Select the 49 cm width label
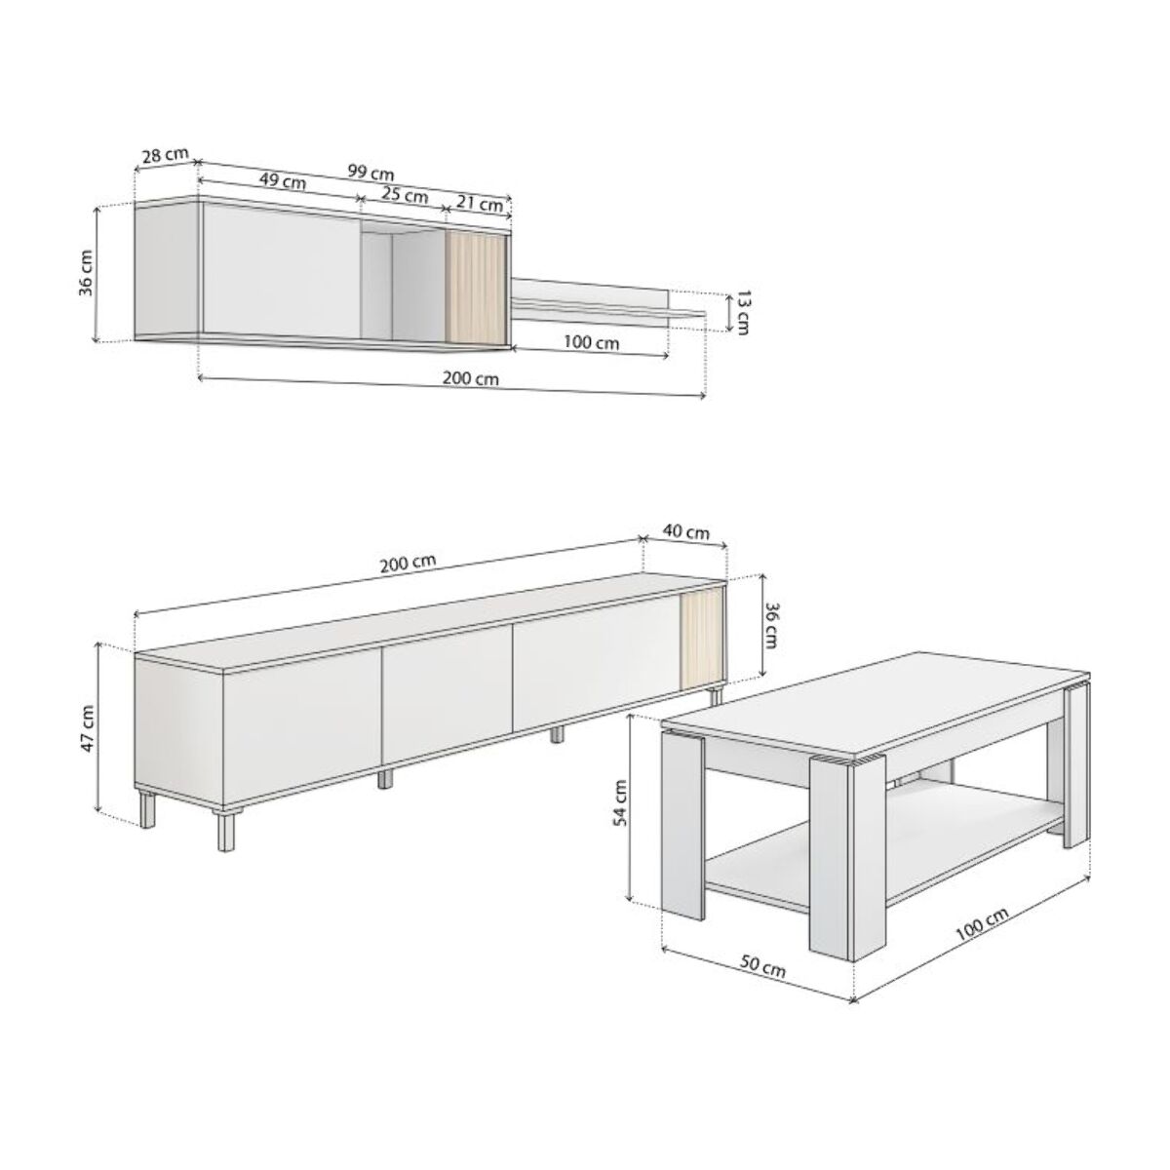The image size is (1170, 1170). [283, 180]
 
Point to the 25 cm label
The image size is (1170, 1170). [405, 194]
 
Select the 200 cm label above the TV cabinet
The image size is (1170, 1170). [408, 563]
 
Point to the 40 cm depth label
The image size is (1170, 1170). [686, 531]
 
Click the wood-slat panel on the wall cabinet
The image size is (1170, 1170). [475, 288]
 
